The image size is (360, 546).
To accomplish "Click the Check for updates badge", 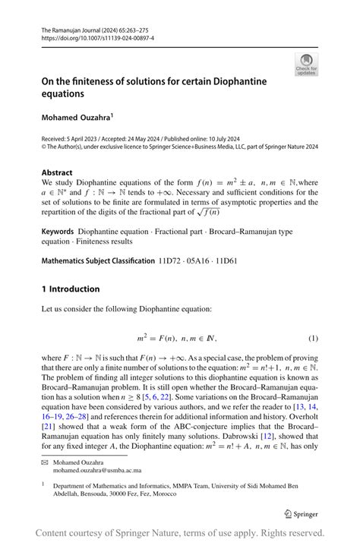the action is tap(306, 65).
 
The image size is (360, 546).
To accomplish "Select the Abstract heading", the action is tap(58, 172).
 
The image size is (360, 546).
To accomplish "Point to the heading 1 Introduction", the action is tap(71, 289).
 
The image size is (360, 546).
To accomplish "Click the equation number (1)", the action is tap(312, 337).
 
